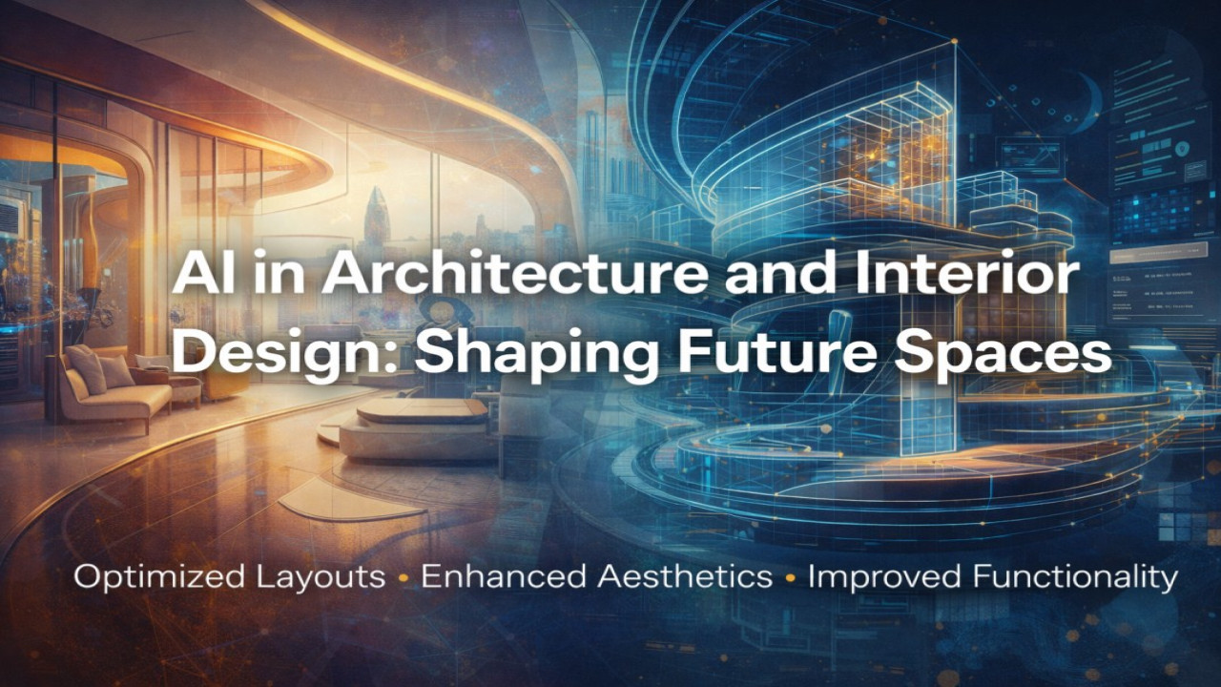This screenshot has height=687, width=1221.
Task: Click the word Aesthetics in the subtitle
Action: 672,576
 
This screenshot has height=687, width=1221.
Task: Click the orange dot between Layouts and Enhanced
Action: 404,577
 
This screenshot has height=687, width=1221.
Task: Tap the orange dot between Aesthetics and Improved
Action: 790,577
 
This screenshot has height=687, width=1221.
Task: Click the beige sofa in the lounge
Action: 105,386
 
